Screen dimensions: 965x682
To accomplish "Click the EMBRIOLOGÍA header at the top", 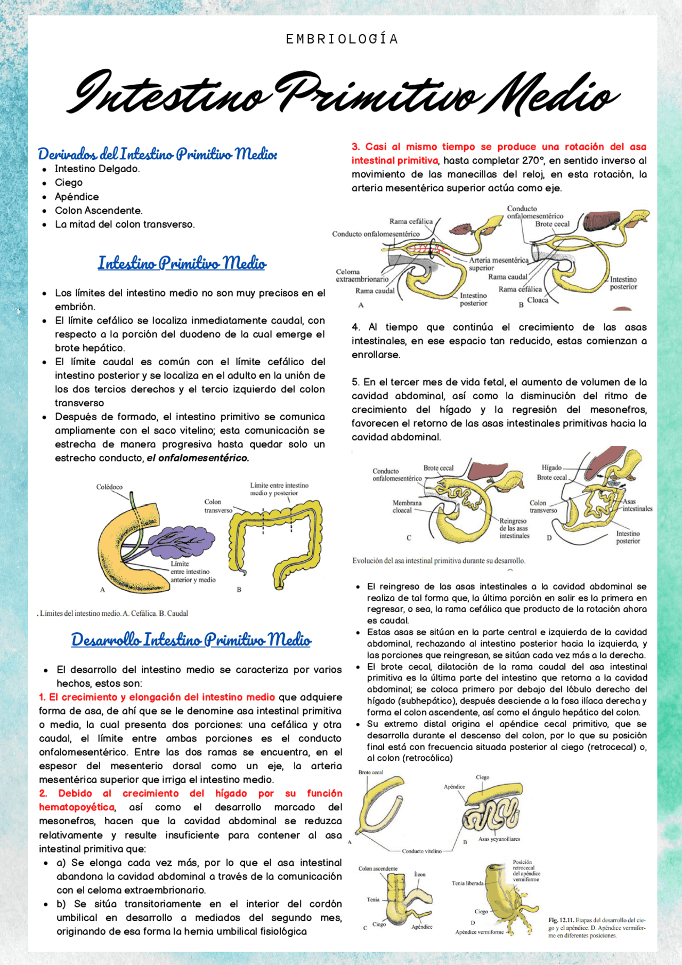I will pyautogui.click(x=342, y=39).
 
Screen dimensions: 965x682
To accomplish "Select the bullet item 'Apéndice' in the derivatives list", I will pyautogui.click(x=77, y=197).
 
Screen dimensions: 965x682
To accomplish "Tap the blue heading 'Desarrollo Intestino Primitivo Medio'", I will pyautogui.click(x=191, y=640).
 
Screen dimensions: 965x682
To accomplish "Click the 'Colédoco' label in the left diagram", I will pyautogui.click(x=109, y=487).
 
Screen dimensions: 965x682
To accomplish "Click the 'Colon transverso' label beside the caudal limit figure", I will pyautogui.click(x=218, y=506).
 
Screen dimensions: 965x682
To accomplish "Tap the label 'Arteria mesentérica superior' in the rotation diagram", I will pyautogui.click(x=498, y=264).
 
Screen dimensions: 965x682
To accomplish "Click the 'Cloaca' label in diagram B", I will pyautogui.click(x=538, y=300).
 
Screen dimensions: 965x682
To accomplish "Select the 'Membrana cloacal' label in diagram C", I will pyautogui.click(x=407, y=506).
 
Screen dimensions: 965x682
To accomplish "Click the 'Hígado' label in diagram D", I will pyautogui.click(x=551, y=468).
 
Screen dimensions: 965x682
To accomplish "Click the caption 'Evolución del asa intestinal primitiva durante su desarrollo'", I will pyautogui.click(x=439, y=561).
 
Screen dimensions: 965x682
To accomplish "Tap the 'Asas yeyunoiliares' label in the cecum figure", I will pyautogui.click(x=499, y=839).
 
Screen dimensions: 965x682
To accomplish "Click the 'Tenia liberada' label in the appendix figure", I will pyautogui.click(x=467, y=883).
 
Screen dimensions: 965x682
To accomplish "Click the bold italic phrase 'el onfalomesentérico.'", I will pyautogui.click(x=198, y=458).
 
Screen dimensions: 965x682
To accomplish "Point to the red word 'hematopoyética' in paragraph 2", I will pyautogui.click(x=77, y=807).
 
